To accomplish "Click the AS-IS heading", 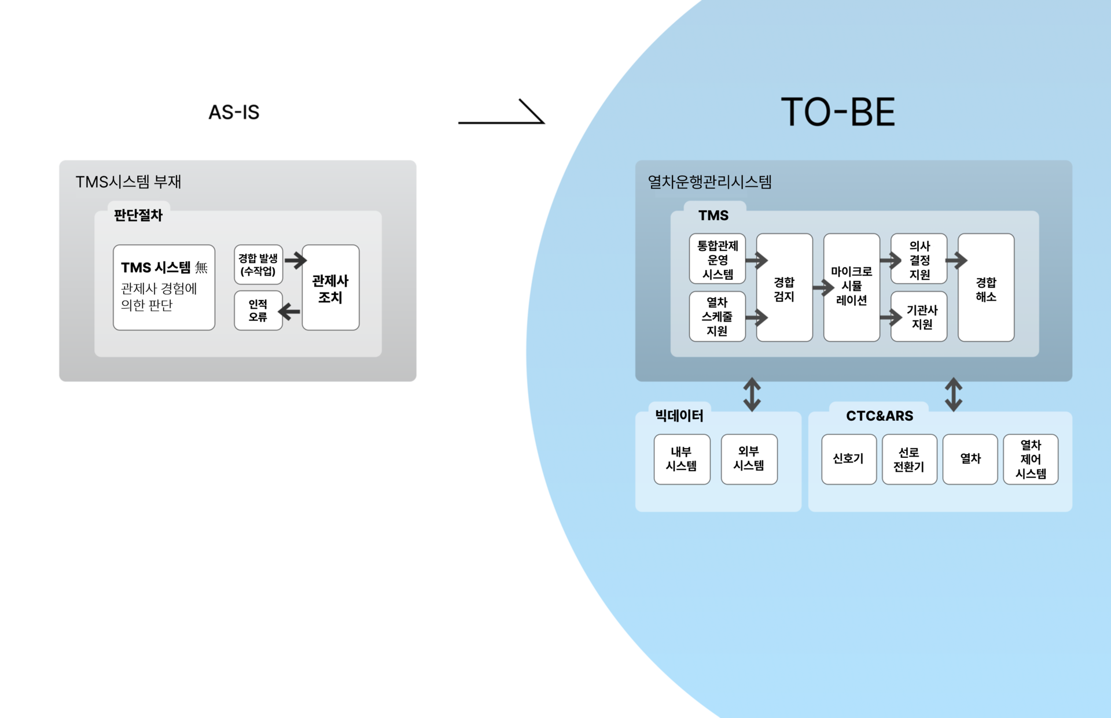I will [x=234, y=112].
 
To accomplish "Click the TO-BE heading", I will [x=837, y=112].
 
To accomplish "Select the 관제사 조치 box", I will [x=330, y=288].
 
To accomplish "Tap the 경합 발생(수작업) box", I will [x=258, y=264].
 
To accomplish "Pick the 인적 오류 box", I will [x=258, y=310].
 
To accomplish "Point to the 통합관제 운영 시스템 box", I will [x=717, y=259].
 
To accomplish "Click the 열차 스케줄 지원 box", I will [x=717, y=316].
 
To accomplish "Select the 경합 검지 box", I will [x=784, y=288].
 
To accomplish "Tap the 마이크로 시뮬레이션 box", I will [x=851, y=287].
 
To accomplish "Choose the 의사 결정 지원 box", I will [x=919, y=259].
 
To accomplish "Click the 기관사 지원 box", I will [x=919, y=316].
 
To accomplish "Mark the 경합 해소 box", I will [x=986, y=288].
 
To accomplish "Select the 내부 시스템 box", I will [x=682, y=459].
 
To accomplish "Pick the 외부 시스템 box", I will [x=749, y=459].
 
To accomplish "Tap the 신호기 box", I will [x=848, y=459].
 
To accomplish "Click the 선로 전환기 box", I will [x=909, y=459].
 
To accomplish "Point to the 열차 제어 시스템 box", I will [x=1031, y=459].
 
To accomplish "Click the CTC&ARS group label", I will [x=879, y=416].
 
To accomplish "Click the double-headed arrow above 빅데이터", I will [x=752, y=394].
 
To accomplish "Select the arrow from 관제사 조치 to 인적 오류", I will [x=289, y=312].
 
